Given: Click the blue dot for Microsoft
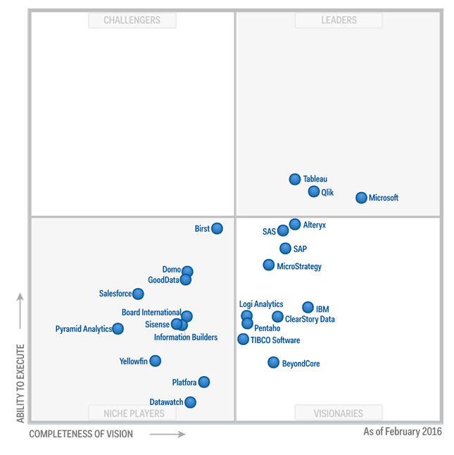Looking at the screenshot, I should pyautogui.click(x=361, y=198).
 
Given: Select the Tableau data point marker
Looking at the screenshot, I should pyautogui.click(x=295, y=180).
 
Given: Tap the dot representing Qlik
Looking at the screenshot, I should pyautogui.click(x=314, y=192).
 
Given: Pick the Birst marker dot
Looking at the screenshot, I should pyautogui.click(x=217, y=228).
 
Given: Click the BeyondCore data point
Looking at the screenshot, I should pyautogui.click(x=274, y=363).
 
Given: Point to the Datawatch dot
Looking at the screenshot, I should pyautogui.click(x=190, y=402).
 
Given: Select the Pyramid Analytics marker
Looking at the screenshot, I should pyautogui.click(x=118, y=329).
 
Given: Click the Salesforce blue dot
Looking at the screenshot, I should pyautogui.click(x=138, y=294).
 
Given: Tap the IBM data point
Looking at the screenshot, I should pyautogui.click(x=308, y=308).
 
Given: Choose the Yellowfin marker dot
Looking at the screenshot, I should pyautogui.click(x=156, y=361).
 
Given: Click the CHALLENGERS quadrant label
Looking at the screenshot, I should pyautogui.click(x=132, y=20).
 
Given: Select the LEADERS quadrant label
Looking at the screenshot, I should pyautogui.click(x=339, y=20).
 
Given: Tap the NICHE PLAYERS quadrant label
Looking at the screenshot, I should pyautogui.click(x=132, y=413).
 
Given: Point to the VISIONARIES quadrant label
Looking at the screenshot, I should pyautogui.click(x=339, y=413).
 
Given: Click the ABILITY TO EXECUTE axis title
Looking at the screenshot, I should pyautogui.click(x=20, y=383).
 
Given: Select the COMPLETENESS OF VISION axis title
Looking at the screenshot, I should pyautogui.click(x=81, y=434).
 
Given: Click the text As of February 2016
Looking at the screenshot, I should pyautogui.click(x=403, y=431).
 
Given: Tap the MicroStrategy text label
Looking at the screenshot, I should pyautogui.click(x=299, y=266).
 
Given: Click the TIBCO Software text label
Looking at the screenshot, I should pyautogui.click(x=275, y=340).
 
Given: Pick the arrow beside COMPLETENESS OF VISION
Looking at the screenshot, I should pyautogui.click(x=168, y=434).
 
